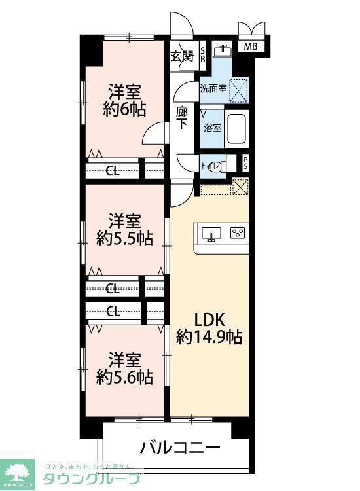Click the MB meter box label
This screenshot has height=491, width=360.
click(x=251, y=46)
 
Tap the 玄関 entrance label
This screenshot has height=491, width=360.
click(x=182, y=56)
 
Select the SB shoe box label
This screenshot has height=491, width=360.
click(x=202, y=55)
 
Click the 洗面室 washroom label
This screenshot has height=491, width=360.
click(x=213, y=88)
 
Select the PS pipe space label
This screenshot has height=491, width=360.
click(x=245, y=163)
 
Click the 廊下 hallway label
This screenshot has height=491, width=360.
click(x=183, y=117)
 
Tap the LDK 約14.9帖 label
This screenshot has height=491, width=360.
click(x=209, y=329)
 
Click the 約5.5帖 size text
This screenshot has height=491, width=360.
click(x=124, y=238)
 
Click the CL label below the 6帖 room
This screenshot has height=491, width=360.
click(x=113, y=172)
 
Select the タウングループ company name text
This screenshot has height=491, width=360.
click(x=92, y=479)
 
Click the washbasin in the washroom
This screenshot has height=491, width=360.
click(x=224, y=49)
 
